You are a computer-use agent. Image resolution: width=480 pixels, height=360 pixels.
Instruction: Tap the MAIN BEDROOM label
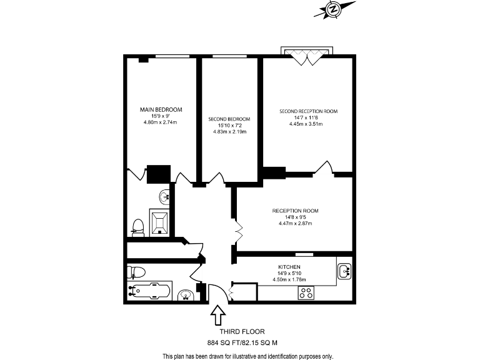[161, 110]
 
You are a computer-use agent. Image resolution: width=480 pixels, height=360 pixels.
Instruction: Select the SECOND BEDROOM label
[229, 119]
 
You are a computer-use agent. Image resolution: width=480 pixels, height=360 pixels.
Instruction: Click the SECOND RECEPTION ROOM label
[308, 111]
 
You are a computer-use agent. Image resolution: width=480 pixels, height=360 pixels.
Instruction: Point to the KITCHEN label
[290, 267]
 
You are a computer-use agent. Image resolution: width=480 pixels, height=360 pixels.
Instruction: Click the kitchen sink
[344, 271]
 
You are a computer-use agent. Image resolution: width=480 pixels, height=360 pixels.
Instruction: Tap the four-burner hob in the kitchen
[306, 294]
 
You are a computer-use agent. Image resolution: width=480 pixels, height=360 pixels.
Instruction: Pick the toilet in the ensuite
[137, 227]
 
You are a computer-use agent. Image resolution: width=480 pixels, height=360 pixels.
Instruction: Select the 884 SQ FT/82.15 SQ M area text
[242, 342]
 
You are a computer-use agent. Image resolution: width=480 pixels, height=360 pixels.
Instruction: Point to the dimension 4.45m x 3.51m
[308, 124]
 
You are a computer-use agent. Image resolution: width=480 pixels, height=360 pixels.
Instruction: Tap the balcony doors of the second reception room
[308, 57]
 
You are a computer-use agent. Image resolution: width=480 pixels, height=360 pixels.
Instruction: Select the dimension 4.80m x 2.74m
[161, 122]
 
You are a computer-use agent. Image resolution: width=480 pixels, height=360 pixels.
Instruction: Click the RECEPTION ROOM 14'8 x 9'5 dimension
[296, 217]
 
